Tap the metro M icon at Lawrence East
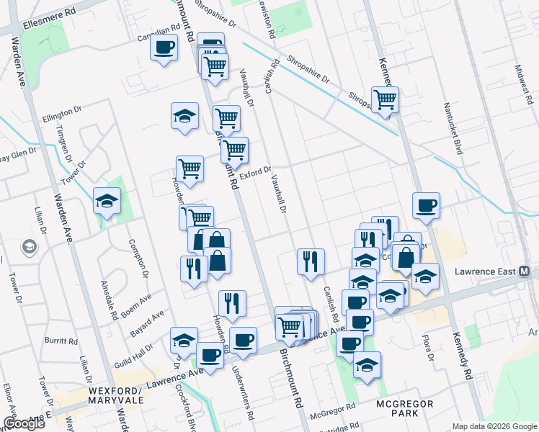tap(525, 271)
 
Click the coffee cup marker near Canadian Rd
tap(164, 48)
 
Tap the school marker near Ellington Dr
tap(184, 115)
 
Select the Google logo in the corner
tap(23, 423)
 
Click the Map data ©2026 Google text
tap(494, 426)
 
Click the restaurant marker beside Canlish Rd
tap(311, 261)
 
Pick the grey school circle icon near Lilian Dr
tap(30, 247)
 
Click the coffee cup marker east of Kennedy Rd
tap(426, 204)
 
